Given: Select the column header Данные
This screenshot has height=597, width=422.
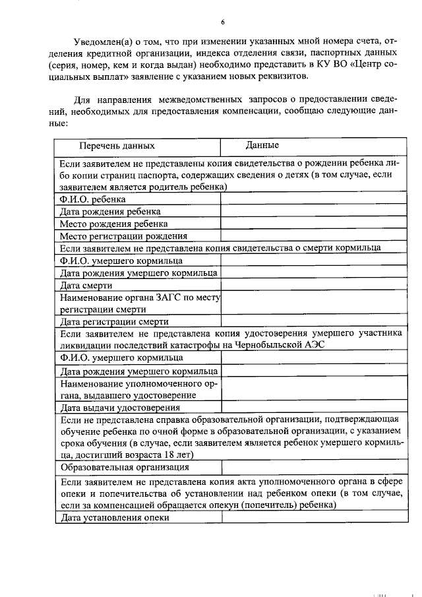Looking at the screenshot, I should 262,145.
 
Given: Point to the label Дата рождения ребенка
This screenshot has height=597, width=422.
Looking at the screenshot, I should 109,211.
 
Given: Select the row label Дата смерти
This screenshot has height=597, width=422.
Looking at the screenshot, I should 86,286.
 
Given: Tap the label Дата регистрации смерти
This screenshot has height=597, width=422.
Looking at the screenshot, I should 114,322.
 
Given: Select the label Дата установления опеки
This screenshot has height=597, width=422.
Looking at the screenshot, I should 115,518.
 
